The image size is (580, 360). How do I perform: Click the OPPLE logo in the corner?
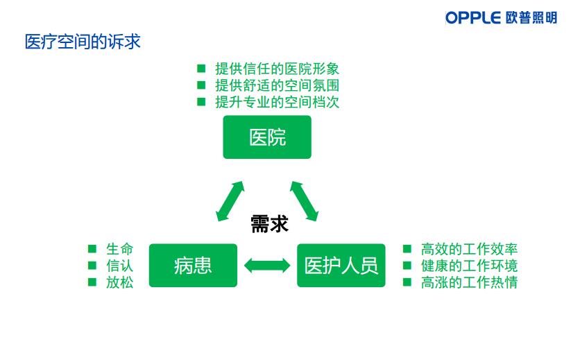501,17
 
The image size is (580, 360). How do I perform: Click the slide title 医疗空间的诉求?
83,42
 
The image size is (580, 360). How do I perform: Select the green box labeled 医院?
267,137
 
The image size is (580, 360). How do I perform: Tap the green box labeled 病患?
193,265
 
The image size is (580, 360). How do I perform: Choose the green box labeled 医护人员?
341,265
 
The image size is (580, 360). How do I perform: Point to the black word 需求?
269,224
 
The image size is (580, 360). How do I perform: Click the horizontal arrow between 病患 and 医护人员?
267,266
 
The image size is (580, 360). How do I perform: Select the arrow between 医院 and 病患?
230,201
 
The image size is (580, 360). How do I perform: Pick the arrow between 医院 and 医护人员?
304,201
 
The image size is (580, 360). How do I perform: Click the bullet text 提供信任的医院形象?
277,69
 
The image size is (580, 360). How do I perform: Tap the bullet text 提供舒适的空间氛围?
277,85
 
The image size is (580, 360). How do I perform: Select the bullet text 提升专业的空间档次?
277,102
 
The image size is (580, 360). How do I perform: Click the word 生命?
119,249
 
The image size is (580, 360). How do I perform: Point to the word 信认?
119,266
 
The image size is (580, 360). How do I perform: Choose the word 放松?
119,282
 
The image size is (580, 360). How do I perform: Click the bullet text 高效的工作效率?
469,249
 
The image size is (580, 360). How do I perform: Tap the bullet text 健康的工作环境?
469,266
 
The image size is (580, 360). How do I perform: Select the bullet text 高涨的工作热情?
469,282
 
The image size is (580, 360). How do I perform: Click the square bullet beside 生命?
92,248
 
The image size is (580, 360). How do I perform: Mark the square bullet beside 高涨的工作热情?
407,282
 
